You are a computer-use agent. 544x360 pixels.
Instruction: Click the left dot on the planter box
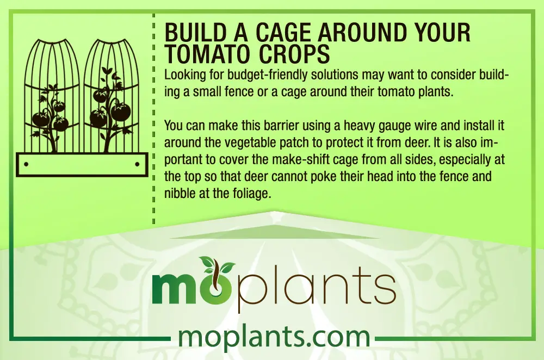click(x=27, y=164)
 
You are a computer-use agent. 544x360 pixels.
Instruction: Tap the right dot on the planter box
click(x=137, y=164)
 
